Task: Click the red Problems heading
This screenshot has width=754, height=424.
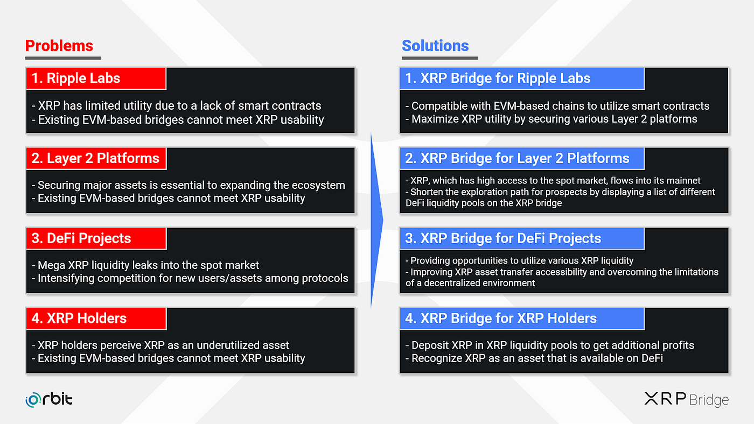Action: click(59, 46)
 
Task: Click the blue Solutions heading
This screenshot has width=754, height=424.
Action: click(435, 46)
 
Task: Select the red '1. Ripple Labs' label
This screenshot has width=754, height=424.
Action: click(95, 79)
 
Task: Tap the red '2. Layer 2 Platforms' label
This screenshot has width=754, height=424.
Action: click(95, 158)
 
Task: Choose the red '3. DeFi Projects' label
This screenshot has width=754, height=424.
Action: click(95, 238)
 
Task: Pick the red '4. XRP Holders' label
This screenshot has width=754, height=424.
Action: click(95, 318)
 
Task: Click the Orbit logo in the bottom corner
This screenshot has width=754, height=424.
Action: click(49, 399)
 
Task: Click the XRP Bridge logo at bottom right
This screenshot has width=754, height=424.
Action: click(686, 399)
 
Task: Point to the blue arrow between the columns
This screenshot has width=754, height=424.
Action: click(376, 221)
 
